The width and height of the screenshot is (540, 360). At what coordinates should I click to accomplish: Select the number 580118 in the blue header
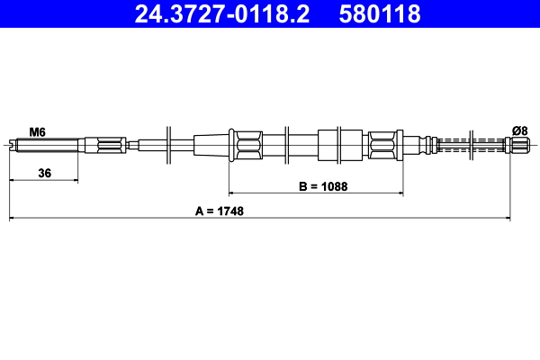[x=380, y=14]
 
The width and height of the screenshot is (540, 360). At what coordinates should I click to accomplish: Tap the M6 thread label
[x=37, y=131]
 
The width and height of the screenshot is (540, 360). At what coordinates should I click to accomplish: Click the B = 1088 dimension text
[x=323, y=187]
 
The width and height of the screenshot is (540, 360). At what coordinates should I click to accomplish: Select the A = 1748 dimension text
[x=220, y=212]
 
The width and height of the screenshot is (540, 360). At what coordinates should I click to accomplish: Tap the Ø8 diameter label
[x=519, y=130]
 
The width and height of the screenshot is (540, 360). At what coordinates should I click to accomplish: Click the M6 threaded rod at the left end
[x=45, y=144]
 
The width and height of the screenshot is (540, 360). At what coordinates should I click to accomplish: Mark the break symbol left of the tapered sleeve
[x=169, y=144]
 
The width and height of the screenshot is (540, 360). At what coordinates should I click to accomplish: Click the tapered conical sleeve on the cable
[x=211, y=144]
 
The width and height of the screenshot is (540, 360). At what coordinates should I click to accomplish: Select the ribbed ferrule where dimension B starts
[x=246, y=144]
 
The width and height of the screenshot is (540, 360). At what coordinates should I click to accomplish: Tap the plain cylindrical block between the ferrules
[x=328, y=144]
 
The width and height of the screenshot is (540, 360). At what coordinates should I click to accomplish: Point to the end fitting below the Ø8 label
[x=519, y=145]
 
